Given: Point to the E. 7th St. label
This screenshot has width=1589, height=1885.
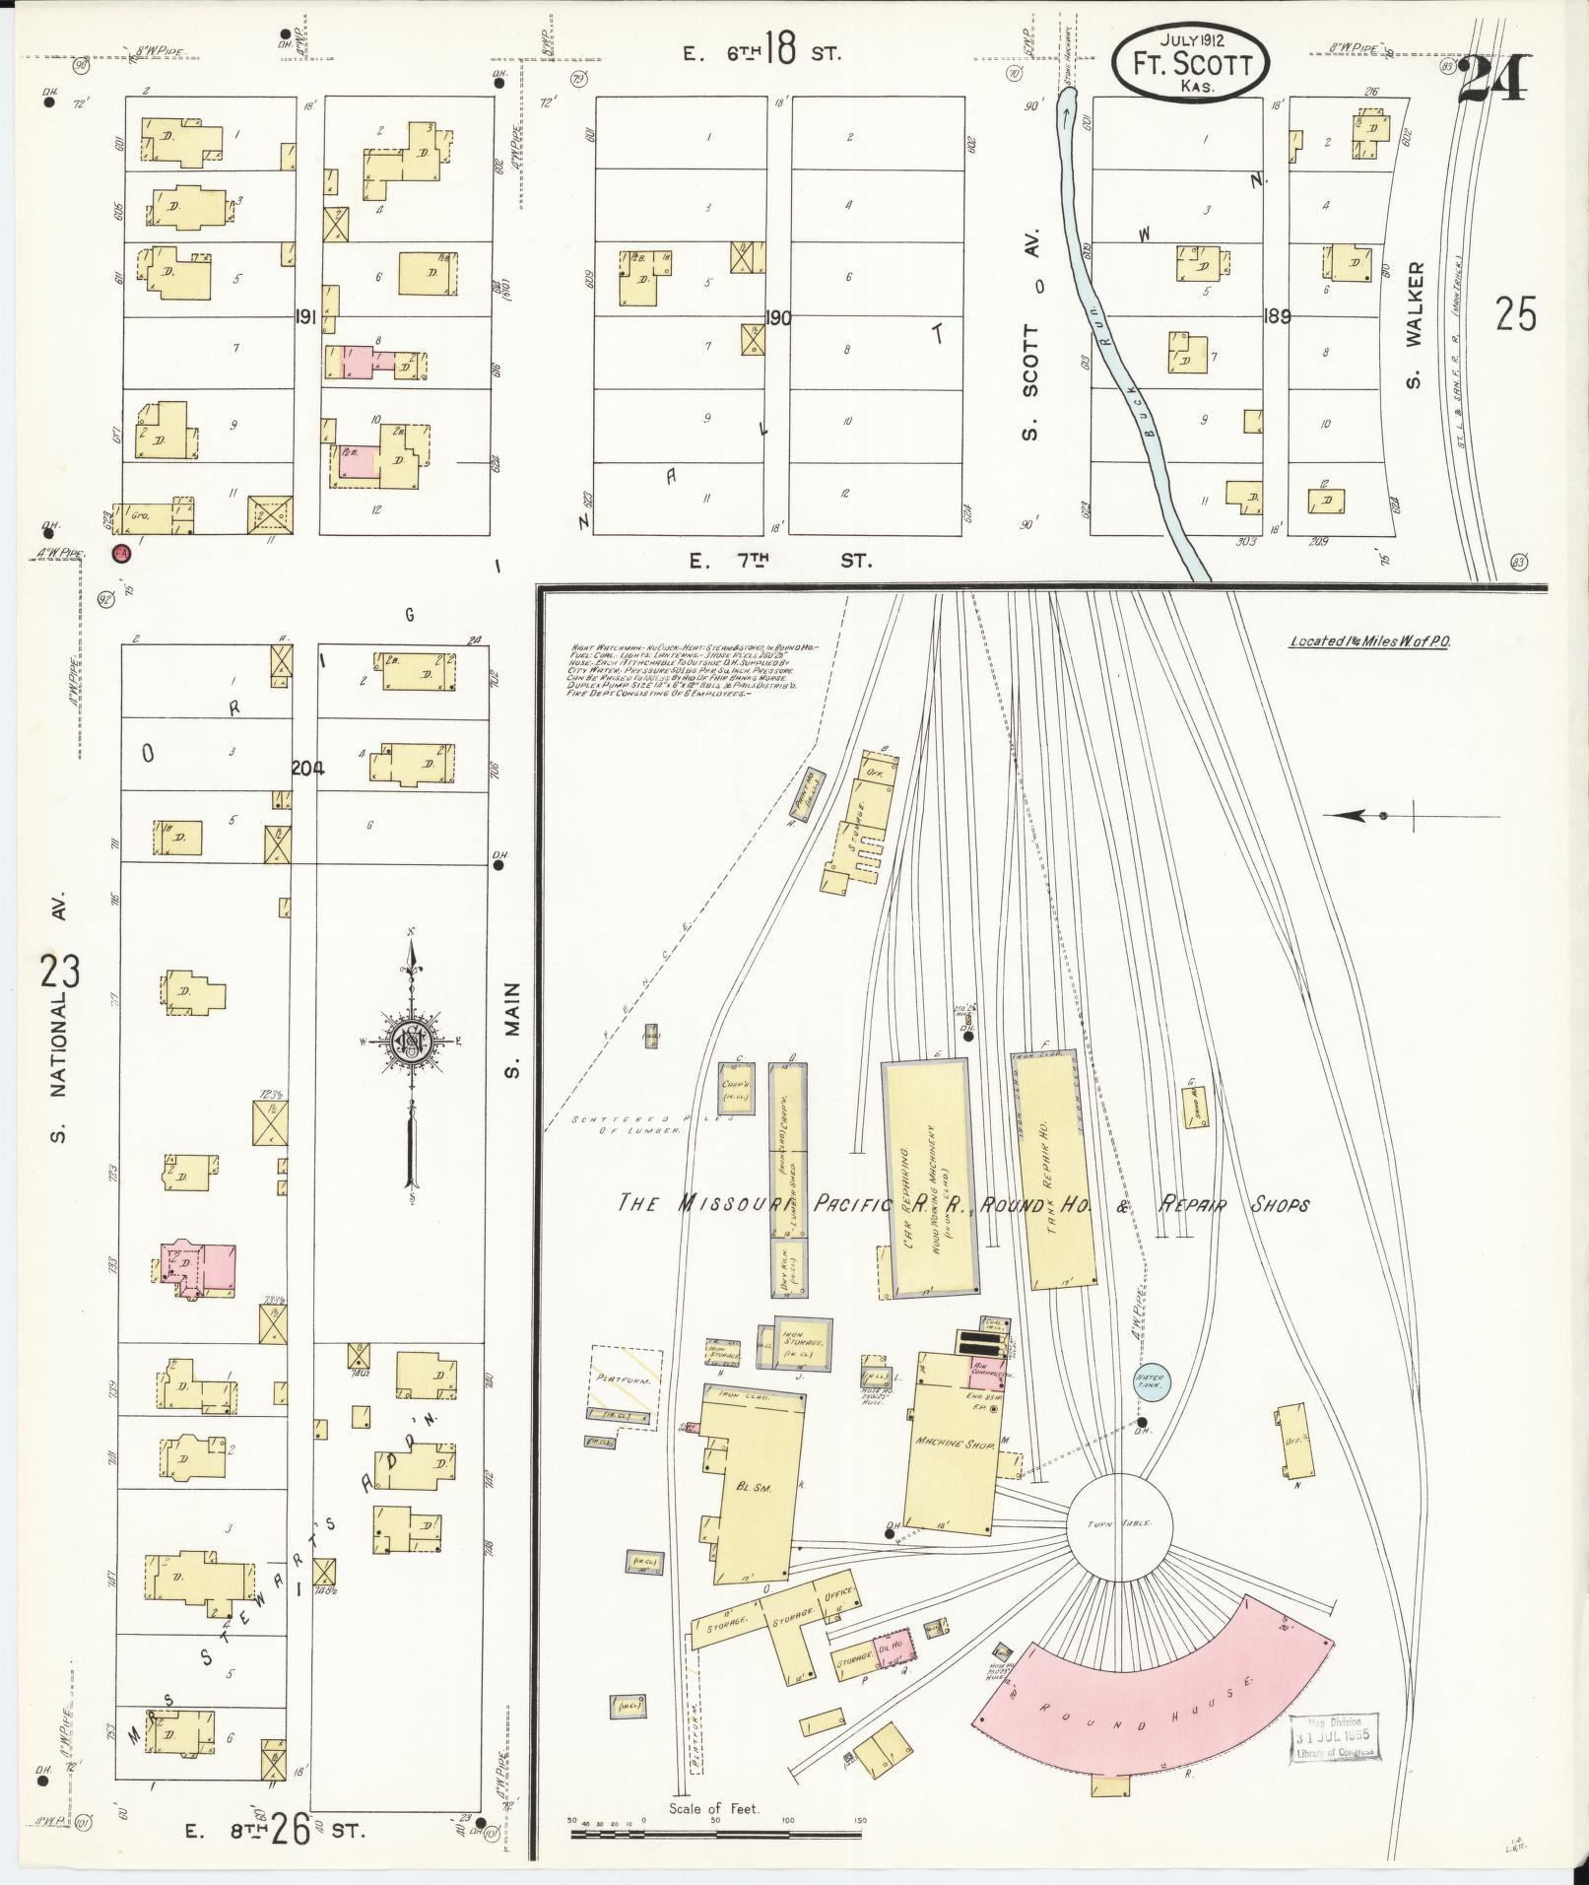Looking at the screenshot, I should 778,561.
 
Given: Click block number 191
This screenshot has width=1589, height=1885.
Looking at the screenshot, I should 303,317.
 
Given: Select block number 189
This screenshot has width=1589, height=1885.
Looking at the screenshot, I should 1278,317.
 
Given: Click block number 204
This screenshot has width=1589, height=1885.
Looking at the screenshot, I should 307,769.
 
